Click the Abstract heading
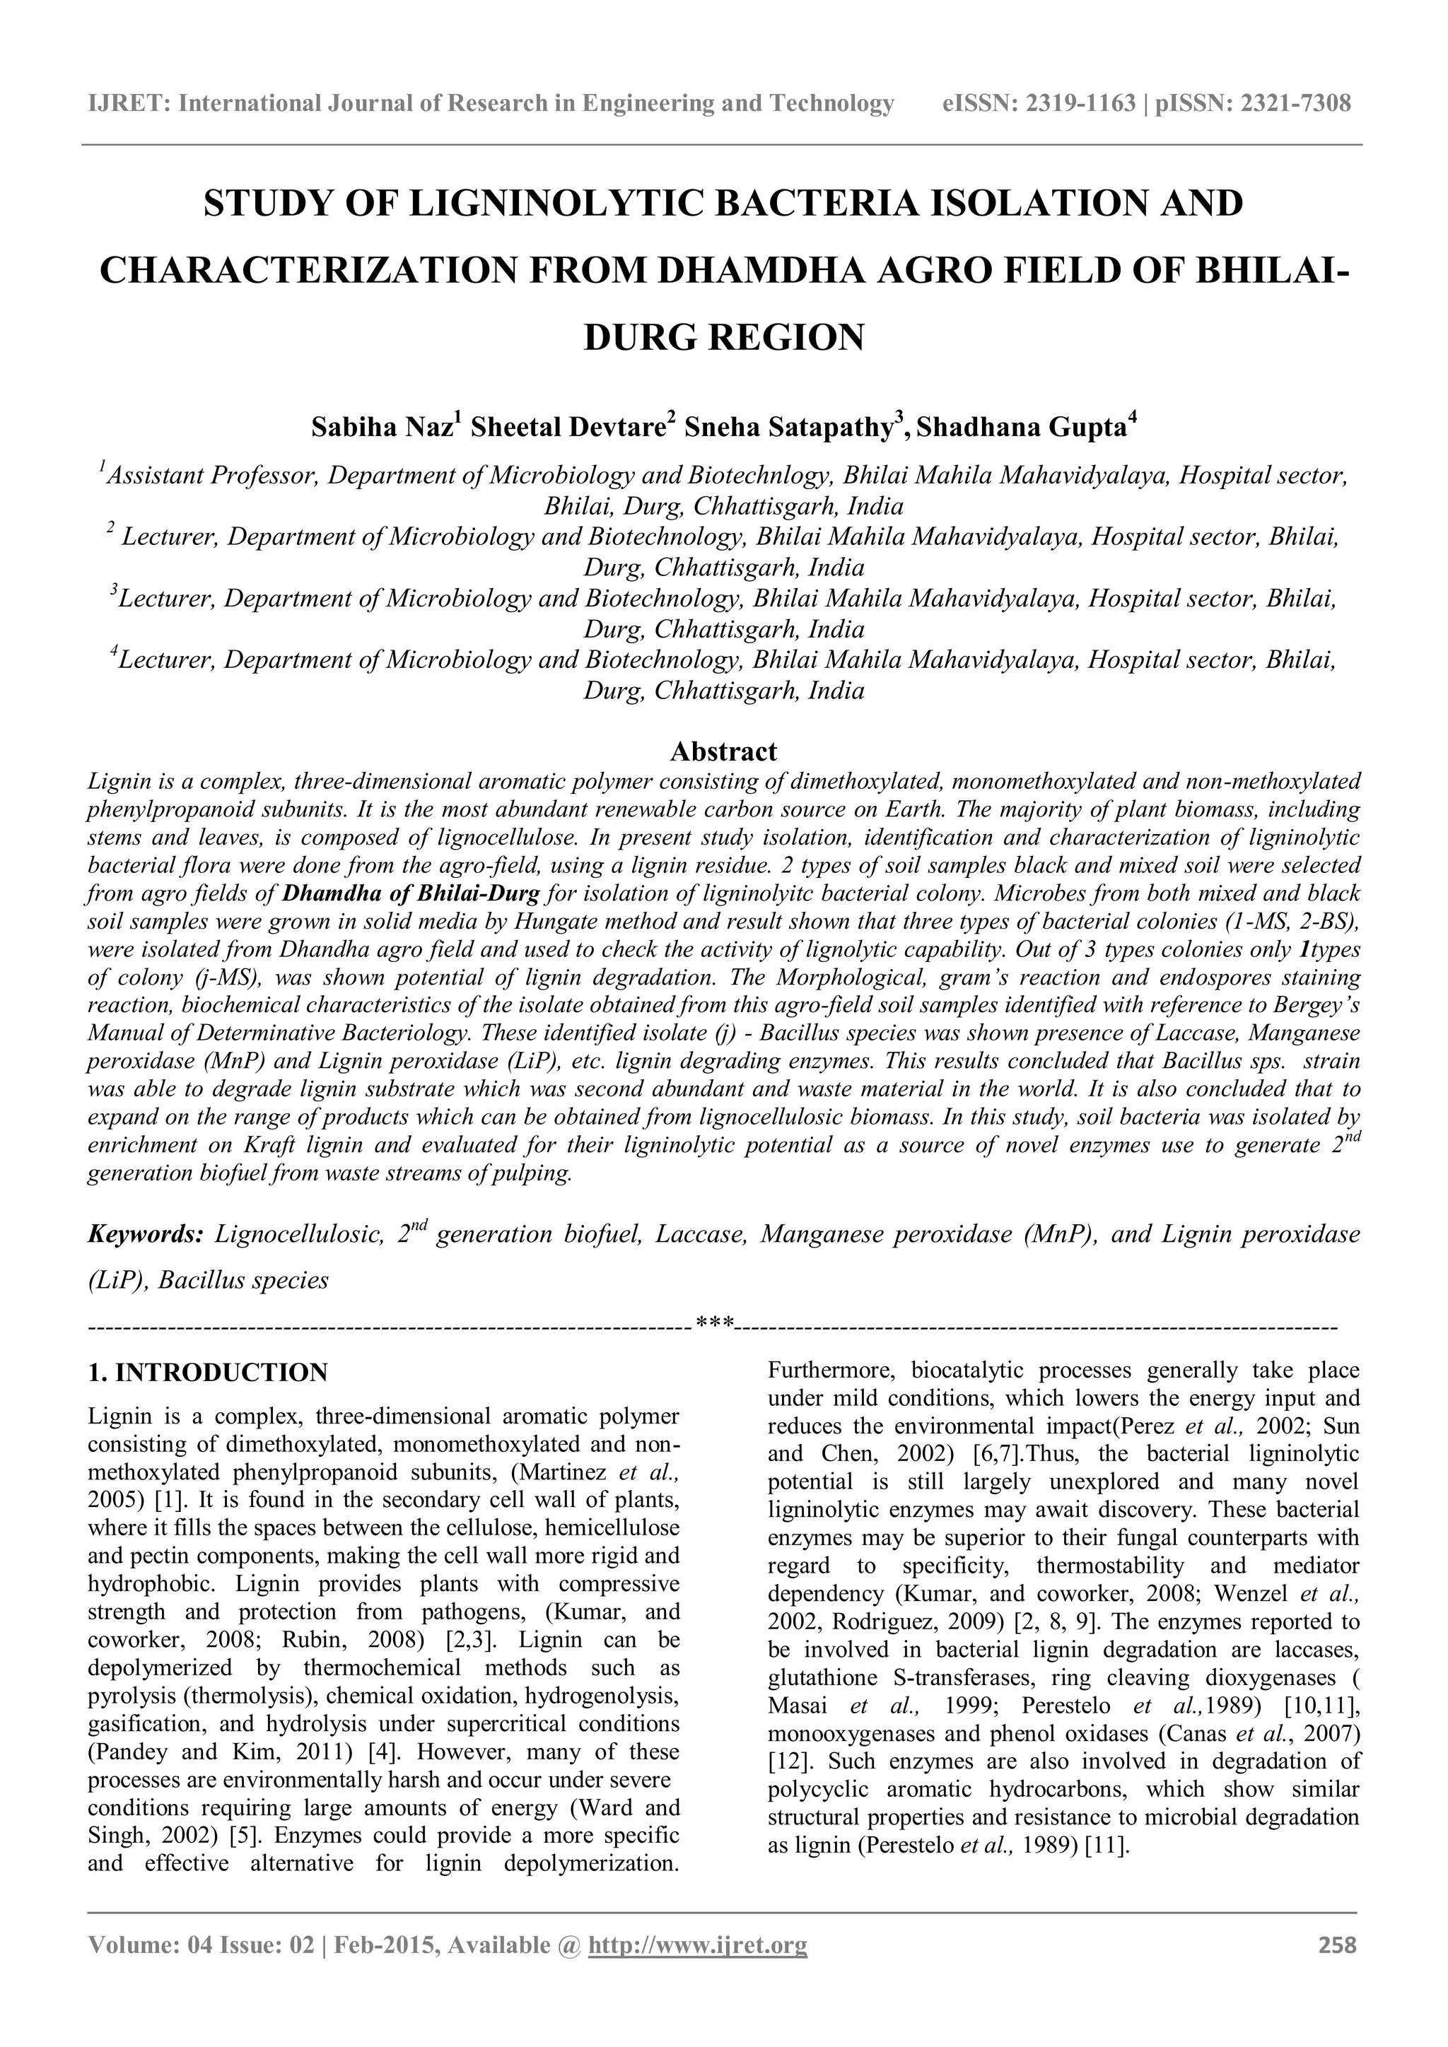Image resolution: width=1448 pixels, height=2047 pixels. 723,751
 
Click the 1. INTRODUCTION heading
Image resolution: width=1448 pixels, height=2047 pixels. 208,1372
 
